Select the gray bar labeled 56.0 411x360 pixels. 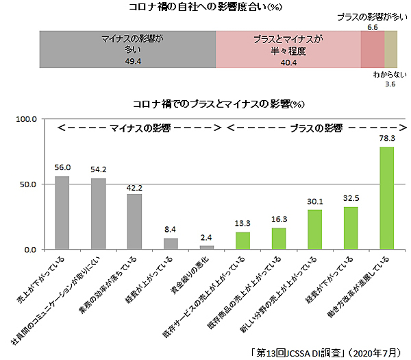click(62, 213)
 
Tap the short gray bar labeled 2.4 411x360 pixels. click(207, 247)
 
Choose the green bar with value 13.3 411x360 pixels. click(243, 240)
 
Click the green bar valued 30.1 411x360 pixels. click(314, 229)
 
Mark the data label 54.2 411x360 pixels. click(98, 169)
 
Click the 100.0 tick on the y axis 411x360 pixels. click(26, 119)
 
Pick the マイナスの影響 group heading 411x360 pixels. click(141, 128)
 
